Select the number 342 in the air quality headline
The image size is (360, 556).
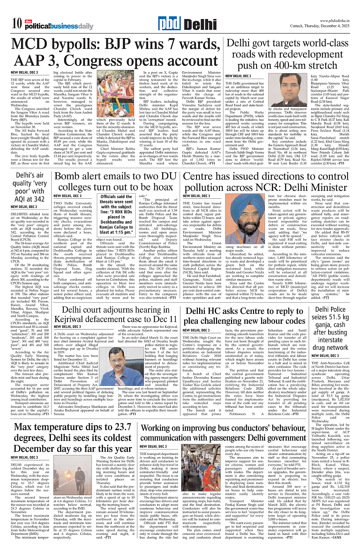click(x=38, y=199)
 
